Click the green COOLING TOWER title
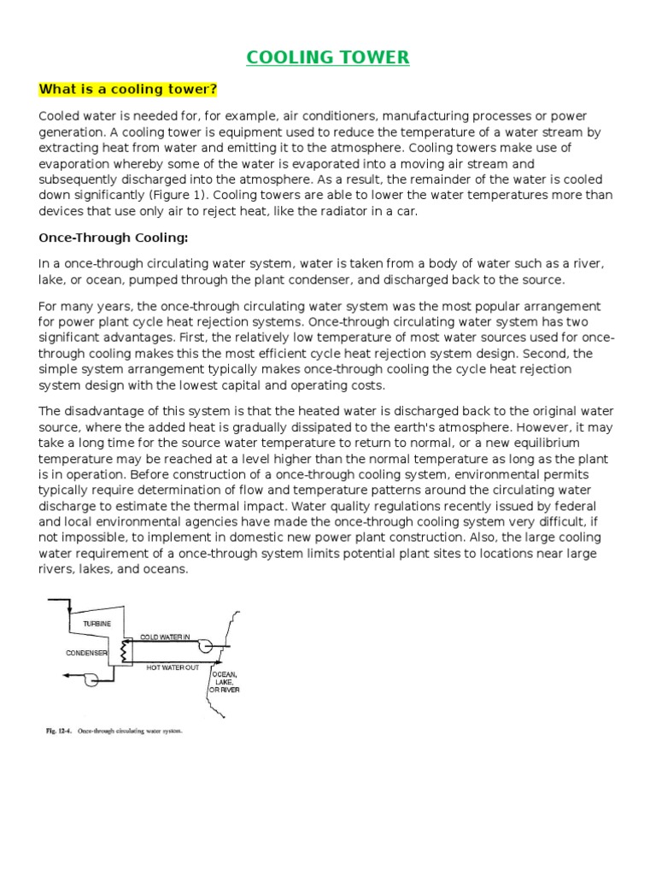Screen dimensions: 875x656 pyautogui.click(x=328, y=57)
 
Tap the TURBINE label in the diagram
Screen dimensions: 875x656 pyautogui.click(x=97, y=624)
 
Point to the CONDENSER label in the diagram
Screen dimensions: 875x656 pyautogui.click(x=87, y=653)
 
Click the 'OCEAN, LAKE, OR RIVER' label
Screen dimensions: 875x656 pyautogui.click(x=224, y=682)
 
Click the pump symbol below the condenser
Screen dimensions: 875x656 pyautogui.click(x=86, y=678)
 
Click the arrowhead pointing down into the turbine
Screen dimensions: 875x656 pyautogui.click(x=67, y=611)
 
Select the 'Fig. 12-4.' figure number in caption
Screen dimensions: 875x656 pyautogui.click(x=57, y=732)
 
